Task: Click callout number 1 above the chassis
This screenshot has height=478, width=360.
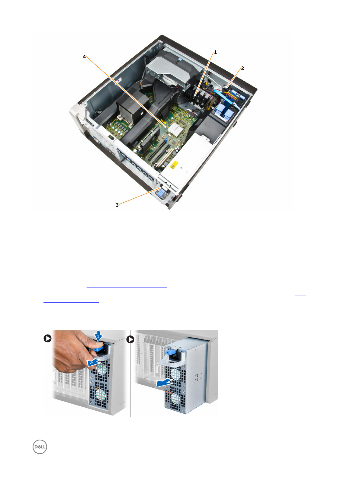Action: tap(215, 52)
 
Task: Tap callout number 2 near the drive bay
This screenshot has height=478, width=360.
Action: tap(243, 68)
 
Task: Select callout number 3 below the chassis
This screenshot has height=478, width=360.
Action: tap(117, 205)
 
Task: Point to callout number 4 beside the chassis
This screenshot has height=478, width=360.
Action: tap(84, 57)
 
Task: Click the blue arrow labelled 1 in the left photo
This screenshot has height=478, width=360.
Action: tap(98, 335)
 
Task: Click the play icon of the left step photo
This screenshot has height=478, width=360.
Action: tap(47, 338)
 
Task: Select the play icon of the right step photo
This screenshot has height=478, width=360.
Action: tap(130, 339)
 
